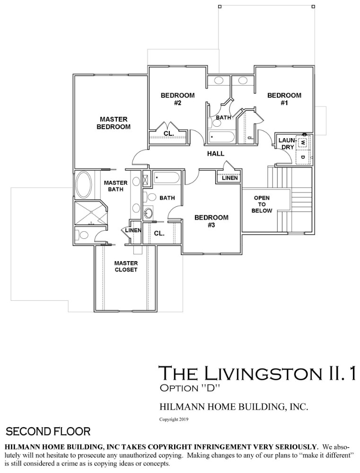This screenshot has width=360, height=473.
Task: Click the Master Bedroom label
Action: click(x=114, y=123)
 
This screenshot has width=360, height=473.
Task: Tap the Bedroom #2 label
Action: click(x=177, y=99)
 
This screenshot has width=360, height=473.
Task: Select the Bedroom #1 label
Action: click(x=284, y=99)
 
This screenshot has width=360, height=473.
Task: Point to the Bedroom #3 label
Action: click(x=211, y=221)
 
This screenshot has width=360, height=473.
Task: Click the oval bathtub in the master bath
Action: click(x=85, y=184)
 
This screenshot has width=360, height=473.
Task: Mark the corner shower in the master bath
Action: click(x=90, y=213)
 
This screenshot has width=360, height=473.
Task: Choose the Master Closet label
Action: click(x=126, y=266)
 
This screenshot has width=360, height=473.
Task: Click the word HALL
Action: click(x=216, y=154)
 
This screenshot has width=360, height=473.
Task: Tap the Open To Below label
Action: click(x=262, y=204)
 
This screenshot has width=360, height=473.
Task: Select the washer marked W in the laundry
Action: click(x=303, y=142)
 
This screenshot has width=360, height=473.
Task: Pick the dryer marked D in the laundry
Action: click(x=303, y=157)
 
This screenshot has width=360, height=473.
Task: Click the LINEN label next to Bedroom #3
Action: click(x=229, y=178)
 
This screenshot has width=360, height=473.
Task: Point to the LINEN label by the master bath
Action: click(x=133, y=230)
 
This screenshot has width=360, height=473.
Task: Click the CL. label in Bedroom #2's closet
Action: click(x=168, y=133)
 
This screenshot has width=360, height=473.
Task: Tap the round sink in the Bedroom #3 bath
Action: click(x=148, y=213)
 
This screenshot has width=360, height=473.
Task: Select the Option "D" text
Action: click(x=189, y=388)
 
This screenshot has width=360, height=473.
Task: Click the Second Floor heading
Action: click(x=48, y=431)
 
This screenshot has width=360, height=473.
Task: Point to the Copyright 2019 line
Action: click(x=174, y=419)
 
